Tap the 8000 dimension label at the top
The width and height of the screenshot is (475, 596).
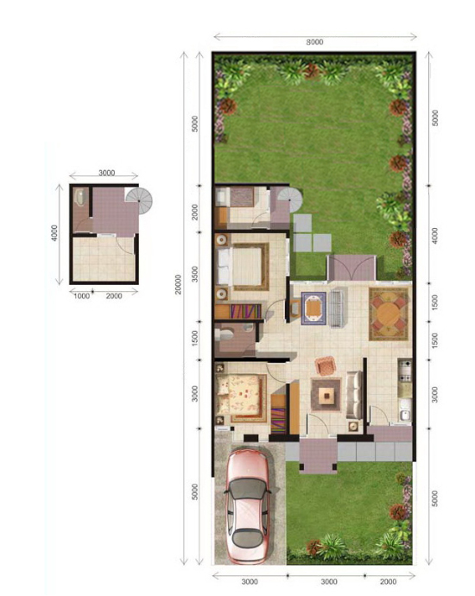click(314, 41)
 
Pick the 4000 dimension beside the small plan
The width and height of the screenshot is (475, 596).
click(54, 233)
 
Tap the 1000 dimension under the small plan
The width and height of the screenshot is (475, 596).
click(81, 296)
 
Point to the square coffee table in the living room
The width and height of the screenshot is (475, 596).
click(326, 396)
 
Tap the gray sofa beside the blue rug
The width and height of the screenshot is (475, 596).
click(335, 308)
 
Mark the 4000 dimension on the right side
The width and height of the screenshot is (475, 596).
click(435, 235)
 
